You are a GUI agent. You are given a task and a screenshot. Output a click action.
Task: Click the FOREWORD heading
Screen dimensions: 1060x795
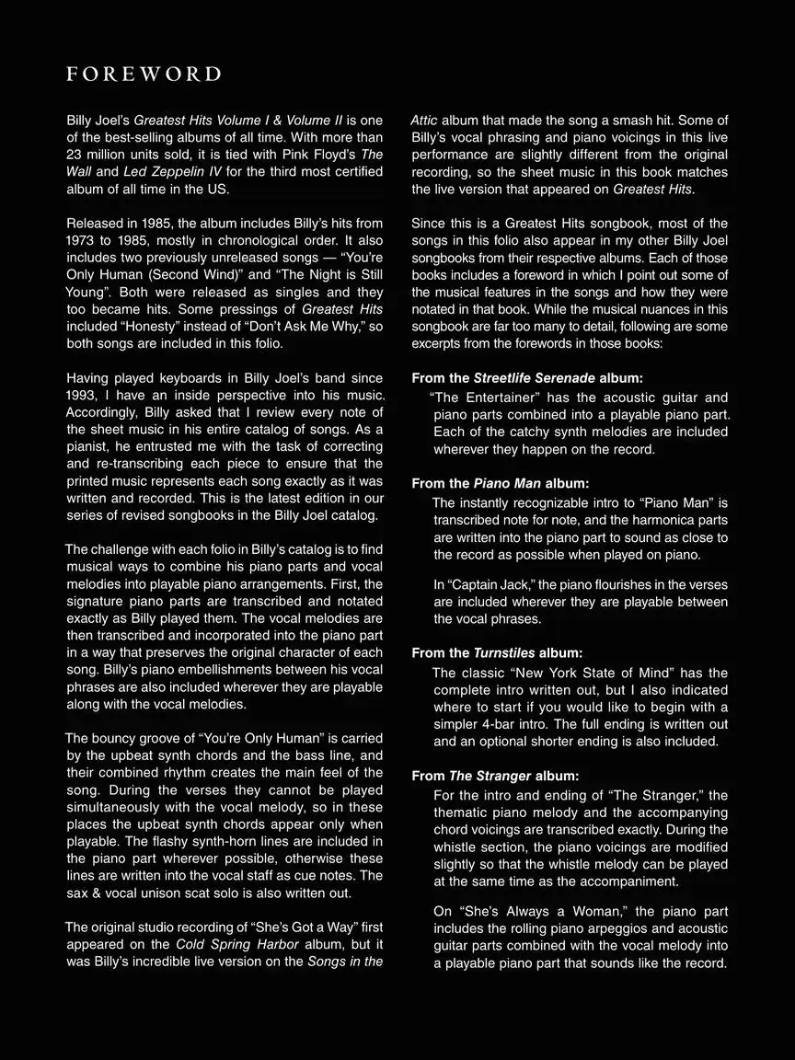pyautogui.click(x=144, y=75)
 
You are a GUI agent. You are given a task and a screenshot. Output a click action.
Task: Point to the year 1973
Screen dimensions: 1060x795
pyautogui.click(x=85, y=241)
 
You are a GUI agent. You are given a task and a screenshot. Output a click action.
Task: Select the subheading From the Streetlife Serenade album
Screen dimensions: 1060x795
pyautogui.click(x=527, y=378)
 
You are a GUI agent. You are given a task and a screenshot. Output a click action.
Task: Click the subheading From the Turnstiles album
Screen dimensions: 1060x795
pyautogui.click(x=497, y=652)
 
